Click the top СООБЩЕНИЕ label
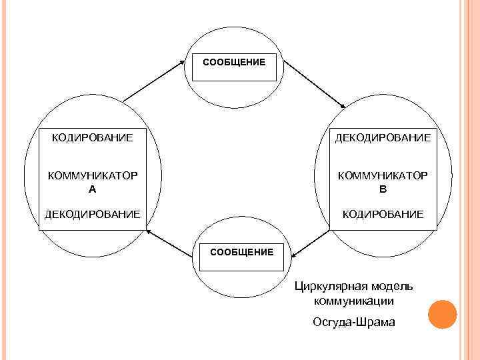coord(234,62)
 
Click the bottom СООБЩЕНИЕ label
coord(241,252)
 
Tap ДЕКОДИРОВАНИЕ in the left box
coord(92,214)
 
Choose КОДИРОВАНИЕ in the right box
coord(383,214)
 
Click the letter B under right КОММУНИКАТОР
coord(383,189)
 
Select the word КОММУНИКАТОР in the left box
coord(92,175)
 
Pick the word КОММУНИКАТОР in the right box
coord(383,175)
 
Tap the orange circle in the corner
coord(442,314)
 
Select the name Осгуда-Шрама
coord(354,322)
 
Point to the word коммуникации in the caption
coord(354,301)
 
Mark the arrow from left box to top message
coord(153,81)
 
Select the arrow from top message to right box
coord(314,84)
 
